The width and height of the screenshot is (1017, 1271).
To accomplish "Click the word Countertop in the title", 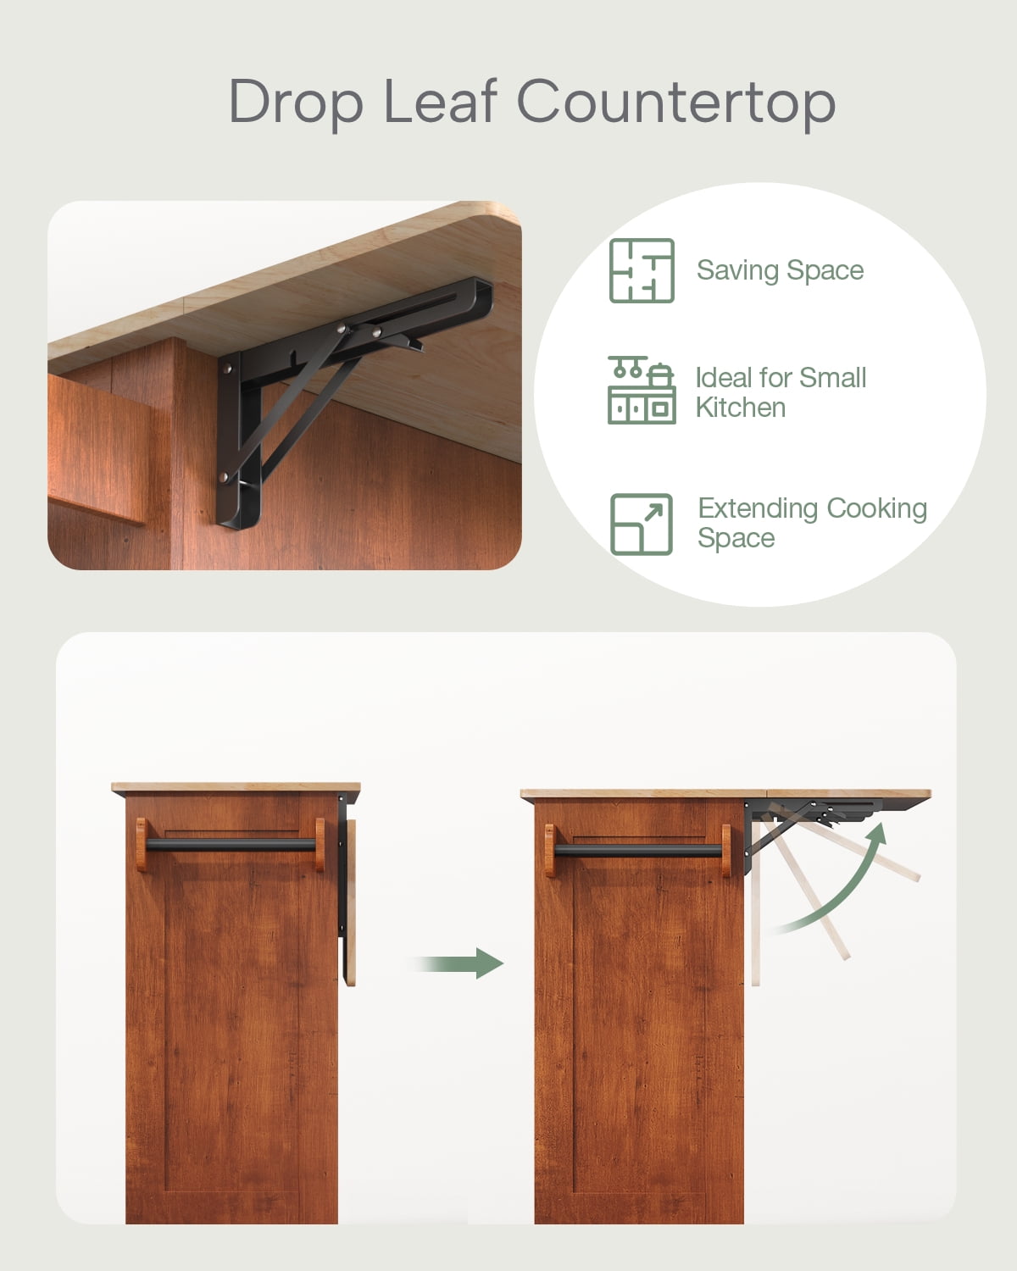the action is pyautogui.click(x=676, y=102).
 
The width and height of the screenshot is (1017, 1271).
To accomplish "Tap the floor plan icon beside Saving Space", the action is pyautogui.click(x=642, y=270).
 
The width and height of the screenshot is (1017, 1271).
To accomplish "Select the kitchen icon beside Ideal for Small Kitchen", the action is pyautogui.click(x=642, y=390).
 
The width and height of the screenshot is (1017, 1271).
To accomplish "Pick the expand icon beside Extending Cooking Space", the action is pyautogui.click(x=642, y=524).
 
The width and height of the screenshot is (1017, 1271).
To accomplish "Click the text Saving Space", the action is pyautogui.click(x=780, y=270).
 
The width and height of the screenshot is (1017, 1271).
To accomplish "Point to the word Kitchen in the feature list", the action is pyautogui.click(x=741, y=408).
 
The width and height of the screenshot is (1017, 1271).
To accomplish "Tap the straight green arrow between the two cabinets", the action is pyautogui.click(x=458, y=963).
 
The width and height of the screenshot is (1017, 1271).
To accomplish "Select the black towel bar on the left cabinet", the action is pyautogui.click(x=231, y=845).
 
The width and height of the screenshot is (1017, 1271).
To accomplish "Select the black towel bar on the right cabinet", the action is pyautogui.click(x=638, y=851).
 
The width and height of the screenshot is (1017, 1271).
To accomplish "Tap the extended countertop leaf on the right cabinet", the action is pyautogui.click(x=848, y=793).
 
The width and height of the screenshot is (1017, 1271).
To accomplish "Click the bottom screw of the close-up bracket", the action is pyautogui.click(x=224, y=476).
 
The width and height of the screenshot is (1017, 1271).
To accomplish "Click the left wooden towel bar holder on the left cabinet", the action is pyautogui.click(x=142, y=845).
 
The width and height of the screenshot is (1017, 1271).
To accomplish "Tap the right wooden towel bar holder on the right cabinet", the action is pyautogui.click(x=726, y=851).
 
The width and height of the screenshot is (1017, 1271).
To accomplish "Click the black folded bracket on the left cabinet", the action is pyautogui.click(x=342, y=866).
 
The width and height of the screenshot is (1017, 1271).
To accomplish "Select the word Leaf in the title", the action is pyautogui.click(x=441, y=102).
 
